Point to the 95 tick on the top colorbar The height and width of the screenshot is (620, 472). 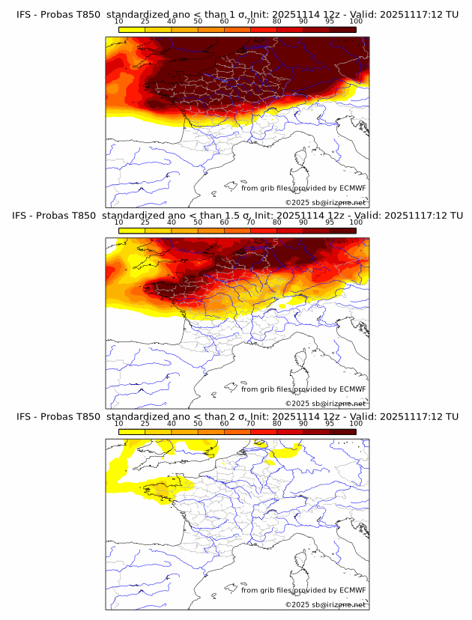pos(330,21)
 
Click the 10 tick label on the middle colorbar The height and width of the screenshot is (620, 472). pos(119,222)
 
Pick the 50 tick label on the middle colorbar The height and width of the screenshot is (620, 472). pos(198,222)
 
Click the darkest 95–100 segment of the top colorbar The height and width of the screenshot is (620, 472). pos(342,29)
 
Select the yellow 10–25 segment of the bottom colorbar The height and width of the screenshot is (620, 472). pos(132,431)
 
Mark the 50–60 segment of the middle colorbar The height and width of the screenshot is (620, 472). pos(211,230)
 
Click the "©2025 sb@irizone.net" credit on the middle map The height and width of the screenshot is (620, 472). pos(325,404)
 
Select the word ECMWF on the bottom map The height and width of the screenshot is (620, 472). pos(352,590)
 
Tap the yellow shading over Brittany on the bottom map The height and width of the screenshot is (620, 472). pos(161,487)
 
